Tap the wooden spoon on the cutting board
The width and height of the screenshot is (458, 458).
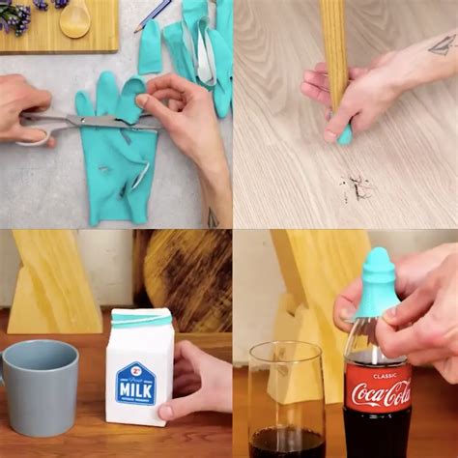click(x=74, y=18)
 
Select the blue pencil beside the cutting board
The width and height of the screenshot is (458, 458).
click(x=155, y=14)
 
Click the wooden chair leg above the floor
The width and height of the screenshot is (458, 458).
click(x=333, y=48)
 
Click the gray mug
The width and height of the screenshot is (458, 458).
click(x=41, y=386)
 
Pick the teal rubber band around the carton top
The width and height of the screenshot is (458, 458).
click(x=141, y=320)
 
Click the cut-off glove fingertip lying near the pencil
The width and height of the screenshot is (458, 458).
click(x=150, y=47)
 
